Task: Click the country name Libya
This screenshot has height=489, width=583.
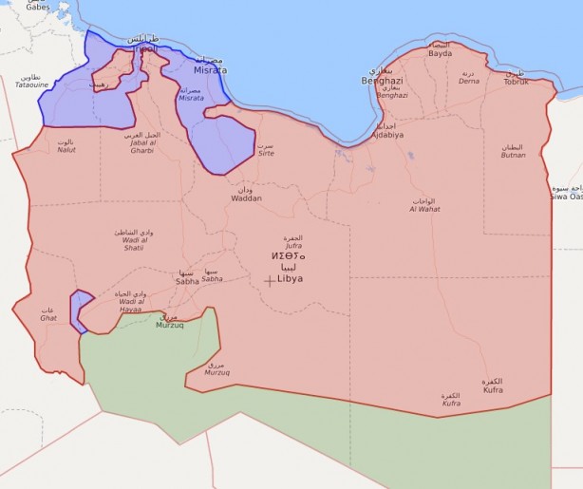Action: pyautogui.click(x=290, y=279)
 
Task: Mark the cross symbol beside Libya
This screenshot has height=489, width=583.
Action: pyautogui.click(x=271, y=279)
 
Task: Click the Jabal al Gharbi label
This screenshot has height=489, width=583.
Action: pyautogui.click(x=142, y=142)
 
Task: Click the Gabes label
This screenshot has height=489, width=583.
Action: pyautogui.click(x=38, y=6)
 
